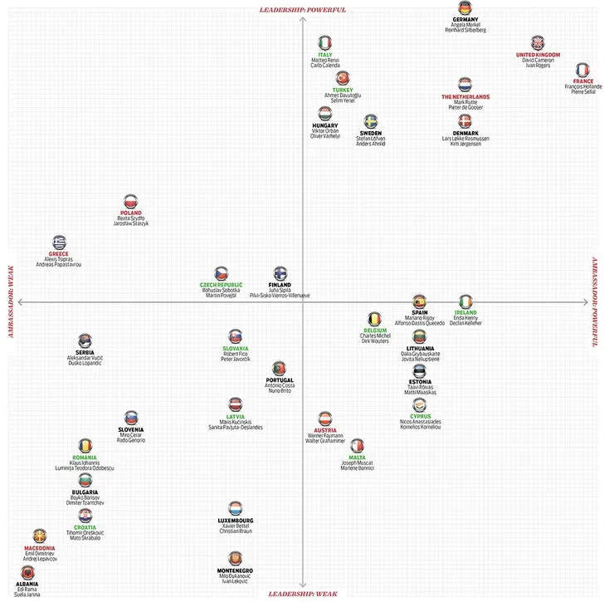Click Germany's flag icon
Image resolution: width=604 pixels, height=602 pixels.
[465, 7]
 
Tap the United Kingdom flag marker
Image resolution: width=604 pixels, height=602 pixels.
[538, 43]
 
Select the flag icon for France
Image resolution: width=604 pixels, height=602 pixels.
[583, 69]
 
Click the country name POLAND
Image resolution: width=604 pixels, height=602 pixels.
[131, 213]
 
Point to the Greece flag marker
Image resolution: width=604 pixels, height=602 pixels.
[58, 242]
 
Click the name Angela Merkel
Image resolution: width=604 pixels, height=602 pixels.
[465, 25]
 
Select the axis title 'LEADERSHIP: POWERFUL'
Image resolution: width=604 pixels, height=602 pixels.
[303, 10]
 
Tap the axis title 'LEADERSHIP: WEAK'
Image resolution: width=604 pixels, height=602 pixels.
[303, 594]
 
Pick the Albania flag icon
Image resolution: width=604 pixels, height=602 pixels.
[27, 573]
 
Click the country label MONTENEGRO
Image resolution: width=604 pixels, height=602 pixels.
[235, 570]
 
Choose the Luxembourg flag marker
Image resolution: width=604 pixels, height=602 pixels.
[236, 508]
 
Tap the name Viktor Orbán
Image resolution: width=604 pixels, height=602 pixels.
[324, 131]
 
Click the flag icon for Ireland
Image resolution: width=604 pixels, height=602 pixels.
[465, 301]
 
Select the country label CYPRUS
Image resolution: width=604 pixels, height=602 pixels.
[421, 416]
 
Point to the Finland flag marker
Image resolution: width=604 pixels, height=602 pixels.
[280, 273]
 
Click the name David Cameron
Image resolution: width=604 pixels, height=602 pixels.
[538, 61]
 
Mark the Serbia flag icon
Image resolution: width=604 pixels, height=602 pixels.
[85, 340]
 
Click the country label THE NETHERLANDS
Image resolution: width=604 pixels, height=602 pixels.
[465, 96]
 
